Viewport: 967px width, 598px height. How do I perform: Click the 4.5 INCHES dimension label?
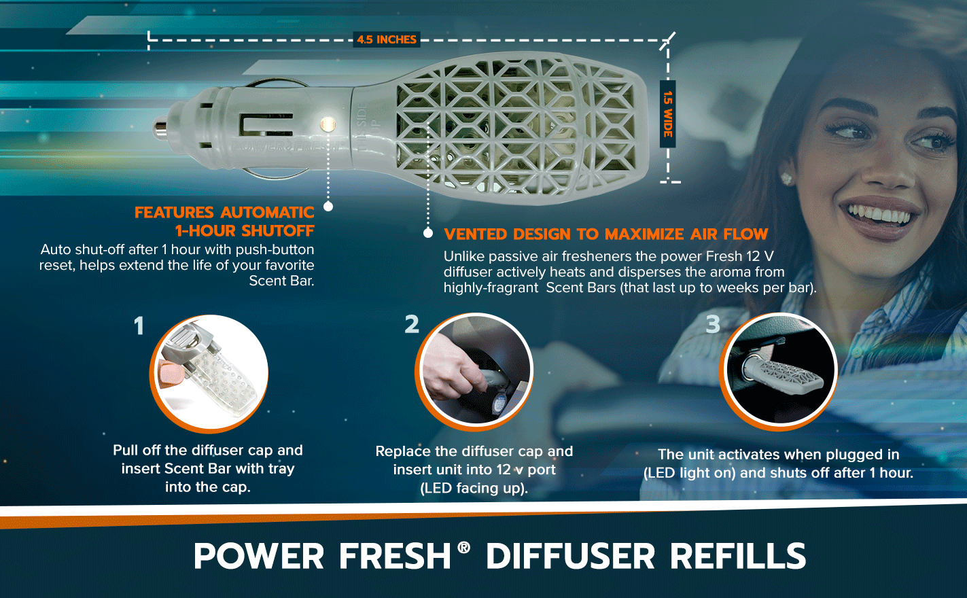[x=387, y=39]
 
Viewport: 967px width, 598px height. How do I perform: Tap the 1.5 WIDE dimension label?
[x=667, y=114]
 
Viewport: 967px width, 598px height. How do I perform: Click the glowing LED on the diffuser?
[x=328, y=124]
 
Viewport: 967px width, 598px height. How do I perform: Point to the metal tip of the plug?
[x=160, y=128]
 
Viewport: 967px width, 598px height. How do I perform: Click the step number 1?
[x=139, y=326]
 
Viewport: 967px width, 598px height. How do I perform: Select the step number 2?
[x=412, y=324]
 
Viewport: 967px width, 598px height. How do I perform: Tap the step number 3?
[x=713, y=324]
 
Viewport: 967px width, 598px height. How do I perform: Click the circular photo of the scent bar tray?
[x=209, y=373]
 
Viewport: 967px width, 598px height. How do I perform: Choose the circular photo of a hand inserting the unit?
[x=474, y=372]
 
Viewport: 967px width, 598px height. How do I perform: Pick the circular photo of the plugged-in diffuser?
[x=778, y=372]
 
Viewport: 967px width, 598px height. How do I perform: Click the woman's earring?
[x=786, y=179]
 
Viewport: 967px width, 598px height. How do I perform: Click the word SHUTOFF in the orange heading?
[x=278, y=231]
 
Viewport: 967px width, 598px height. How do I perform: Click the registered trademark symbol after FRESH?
[x=463, y=548]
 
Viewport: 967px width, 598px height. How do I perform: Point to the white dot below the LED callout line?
[x=328, y=207]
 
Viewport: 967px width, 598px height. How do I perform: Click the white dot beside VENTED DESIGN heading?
[x=428, y=233]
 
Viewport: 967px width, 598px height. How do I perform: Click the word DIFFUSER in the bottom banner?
[x=570, y=556]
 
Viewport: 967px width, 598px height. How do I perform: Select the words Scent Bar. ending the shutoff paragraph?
[x=281, y=281]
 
